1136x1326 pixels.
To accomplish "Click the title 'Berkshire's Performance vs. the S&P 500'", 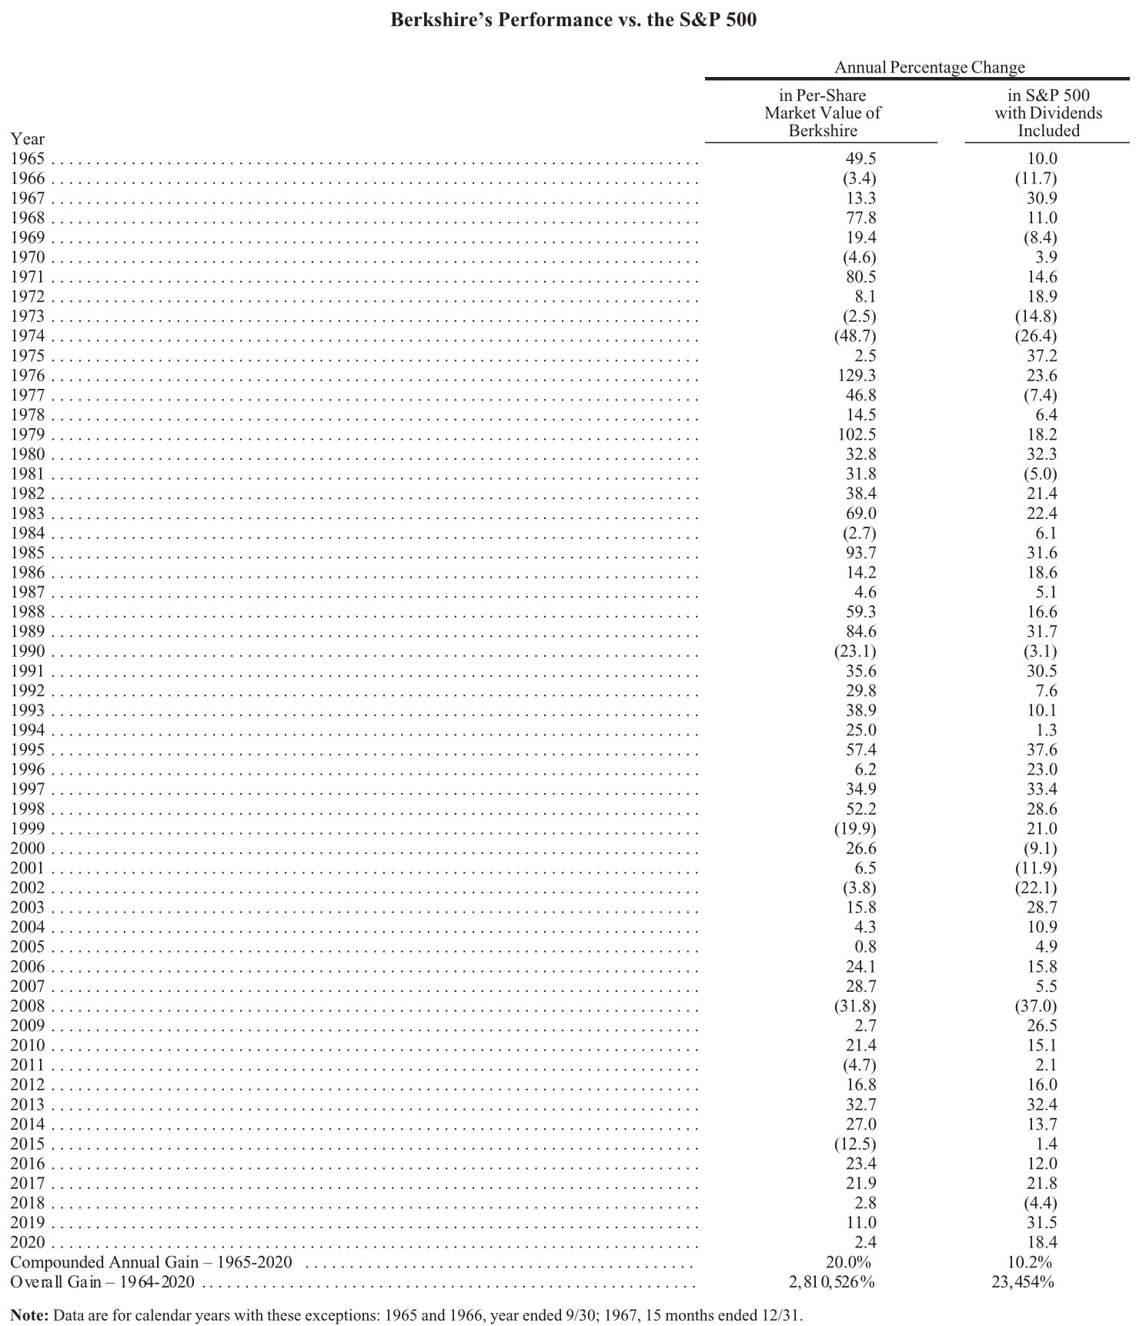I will (x=573, y=20).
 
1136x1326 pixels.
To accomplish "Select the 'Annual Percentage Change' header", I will (x=929, y=67).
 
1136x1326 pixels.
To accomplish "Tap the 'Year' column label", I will (x=28, y=139).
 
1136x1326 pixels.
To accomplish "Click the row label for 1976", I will (x=28, y=376).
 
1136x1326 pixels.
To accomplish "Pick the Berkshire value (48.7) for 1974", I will (x=854, y=337).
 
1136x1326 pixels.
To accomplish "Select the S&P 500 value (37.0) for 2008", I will (x=1035, y=1006).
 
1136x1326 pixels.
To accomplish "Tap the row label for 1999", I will (x=28, y=829).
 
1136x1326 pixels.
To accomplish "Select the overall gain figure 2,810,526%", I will (x=827, y=1282).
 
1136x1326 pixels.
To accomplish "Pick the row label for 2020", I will (x=28, y=1243).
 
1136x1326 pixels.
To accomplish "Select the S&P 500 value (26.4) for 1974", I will (x=1035, y=337).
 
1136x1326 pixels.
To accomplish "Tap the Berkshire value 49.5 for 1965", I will (x=861, y=159).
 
